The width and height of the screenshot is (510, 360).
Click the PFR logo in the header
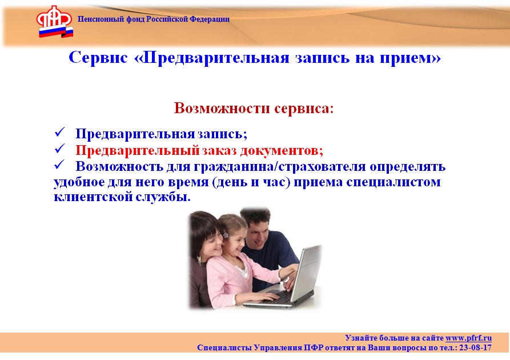[x=55, y=22]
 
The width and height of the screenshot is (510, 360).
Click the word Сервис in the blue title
[x=98, y=58]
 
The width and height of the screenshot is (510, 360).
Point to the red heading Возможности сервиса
[x=254, y=108]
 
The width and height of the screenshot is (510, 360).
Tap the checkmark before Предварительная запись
[x=60, y=132]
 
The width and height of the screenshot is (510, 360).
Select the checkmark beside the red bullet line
[x=60, y=149]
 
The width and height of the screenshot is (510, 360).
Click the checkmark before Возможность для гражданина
[x=60, y=165]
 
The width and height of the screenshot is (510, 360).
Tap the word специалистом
[x=393, y=182]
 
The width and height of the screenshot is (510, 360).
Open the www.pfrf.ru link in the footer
[x=468, y=338]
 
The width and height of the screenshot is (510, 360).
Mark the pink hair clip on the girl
[x=225, y=233]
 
